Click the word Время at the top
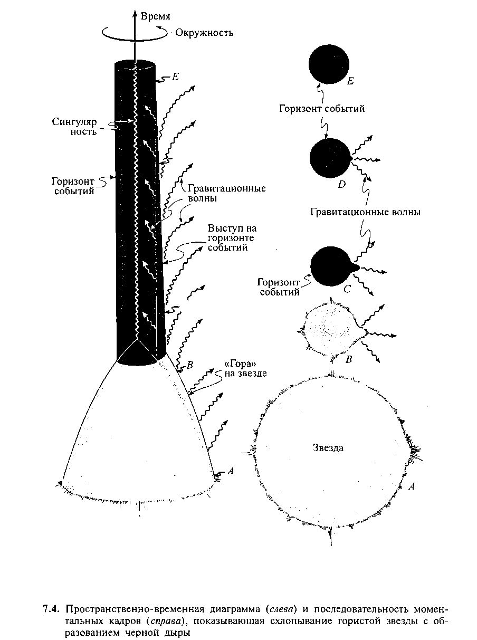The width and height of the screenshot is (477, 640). coord(155,16)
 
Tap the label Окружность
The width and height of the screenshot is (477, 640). coord(204,33)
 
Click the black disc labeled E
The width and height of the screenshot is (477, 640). coord(329,64)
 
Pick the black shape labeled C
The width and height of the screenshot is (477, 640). coord(332,266)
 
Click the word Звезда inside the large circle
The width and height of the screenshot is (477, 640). coord(328,447)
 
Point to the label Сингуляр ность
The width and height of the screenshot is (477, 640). coord(74,127)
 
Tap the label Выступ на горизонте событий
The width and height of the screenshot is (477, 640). coord(232,237)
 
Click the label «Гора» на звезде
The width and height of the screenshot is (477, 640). coord(245,369)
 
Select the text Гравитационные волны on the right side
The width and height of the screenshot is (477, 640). coord(365,212)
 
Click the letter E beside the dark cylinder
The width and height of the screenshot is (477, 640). coord(175,77)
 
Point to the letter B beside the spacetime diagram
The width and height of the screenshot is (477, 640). coord(190,365)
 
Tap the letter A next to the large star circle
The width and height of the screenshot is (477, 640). coord(411,486)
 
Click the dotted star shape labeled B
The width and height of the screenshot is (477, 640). coord(332,330)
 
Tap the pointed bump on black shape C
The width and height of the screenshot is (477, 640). coord(356,268)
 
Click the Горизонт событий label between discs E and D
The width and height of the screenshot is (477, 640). coord(322,109)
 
